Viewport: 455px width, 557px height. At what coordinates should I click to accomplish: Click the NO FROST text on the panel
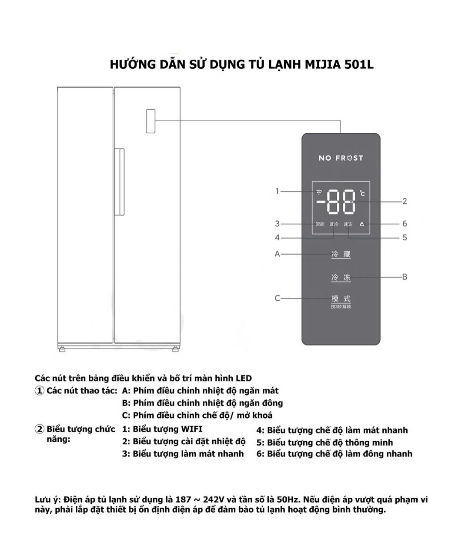coord(341,158)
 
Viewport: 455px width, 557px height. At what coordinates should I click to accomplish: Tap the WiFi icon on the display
coord(319,192)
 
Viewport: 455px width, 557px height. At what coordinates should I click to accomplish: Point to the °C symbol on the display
coord(362,194)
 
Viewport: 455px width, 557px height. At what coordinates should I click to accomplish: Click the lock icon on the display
coord(362,224)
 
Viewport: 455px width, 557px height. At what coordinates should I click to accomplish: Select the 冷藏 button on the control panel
coord(341,254)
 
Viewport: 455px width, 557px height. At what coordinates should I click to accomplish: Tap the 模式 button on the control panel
coord(341,299)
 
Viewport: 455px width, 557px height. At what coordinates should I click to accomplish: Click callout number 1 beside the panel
coord(277,191)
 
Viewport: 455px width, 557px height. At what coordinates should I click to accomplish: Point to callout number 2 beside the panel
coord(405,201)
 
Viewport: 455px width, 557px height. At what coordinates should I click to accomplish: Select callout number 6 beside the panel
coord(405,224)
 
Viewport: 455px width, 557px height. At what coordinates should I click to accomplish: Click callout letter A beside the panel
coord(278,254)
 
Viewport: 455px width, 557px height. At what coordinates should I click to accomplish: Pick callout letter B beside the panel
coord(405,277)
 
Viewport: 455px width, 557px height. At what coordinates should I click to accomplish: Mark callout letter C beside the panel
coord(278,299)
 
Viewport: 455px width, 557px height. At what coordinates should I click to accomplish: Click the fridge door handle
coord(119,182)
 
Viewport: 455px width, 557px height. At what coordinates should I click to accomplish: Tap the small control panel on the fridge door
coord(151,121)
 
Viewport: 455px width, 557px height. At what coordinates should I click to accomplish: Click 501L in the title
coord(358,64)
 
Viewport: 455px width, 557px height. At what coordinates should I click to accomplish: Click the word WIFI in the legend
coord(191,429)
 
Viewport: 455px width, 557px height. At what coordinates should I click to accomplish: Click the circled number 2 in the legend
coord(40,429)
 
